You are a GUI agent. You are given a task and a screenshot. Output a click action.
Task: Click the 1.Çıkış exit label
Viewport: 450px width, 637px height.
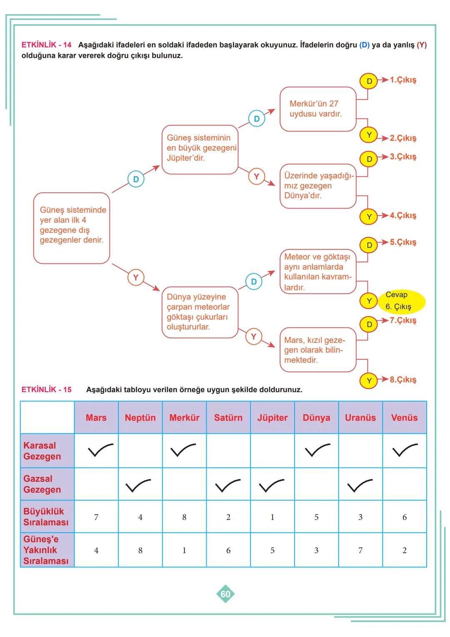pos(402,80)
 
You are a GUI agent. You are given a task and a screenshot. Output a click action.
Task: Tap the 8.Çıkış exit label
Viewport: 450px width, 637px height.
pos(402,380)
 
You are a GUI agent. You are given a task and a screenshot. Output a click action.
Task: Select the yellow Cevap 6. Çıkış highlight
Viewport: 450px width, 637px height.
pos(401,301)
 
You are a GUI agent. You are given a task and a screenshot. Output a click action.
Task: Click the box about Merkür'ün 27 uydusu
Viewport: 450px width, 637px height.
pos(317,109)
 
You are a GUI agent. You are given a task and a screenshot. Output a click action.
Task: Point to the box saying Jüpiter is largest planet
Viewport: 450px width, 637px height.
pos(200,149)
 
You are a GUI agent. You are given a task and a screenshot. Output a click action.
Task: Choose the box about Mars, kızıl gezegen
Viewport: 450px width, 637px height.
pos(317,350)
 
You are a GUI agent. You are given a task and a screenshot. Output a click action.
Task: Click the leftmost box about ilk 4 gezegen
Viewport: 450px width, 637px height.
pos(72,227)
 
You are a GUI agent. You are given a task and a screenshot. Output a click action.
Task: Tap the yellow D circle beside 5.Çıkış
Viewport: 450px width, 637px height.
pos(369,245)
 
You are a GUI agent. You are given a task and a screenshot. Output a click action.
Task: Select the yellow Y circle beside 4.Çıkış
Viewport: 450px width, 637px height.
pos(369,217)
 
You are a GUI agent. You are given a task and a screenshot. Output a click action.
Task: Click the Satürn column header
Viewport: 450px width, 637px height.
pos(228,418)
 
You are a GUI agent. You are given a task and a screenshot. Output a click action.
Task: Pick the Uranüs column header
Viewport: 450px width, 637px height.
pos(360,418)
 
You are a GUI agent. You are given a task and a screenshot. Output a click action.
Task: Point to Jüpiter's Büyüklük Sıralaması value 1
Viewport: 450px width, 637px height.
pos(272,517)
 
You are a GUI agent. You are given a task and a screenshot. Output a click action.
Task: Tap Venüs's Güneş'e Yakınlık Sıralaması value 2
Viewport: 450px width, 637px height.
pos(404,550)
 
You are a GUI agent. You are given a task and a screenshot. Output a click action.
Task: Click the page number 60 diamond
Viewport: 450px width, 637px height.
pos(225,594)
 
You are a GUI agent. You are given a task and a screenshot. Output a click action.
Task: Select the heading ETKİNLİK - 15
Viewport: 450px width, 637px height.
pos(47,390)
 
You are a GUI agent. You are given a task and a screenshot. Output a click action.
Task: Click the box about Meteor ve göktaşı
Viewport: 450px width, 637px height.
pos(317,272)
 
